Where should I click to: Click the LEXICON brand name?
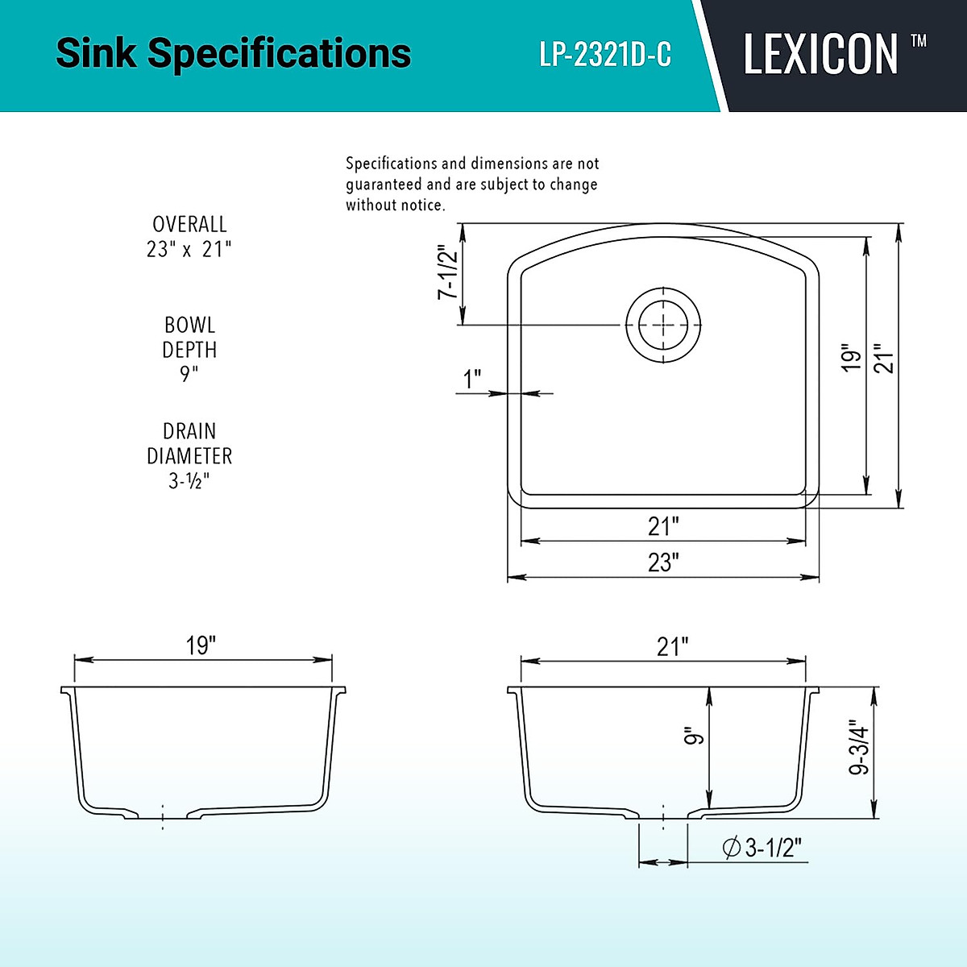click(820, 55)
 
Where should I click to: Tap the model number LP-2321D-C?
click(605, 55)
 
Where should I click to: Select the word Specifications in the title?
click(280, 53)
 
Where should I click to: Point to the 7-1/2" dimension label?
click(447, 272)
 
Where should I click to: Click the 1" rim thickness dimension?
click(472, 378)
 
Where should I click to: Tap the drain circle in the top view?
click(663, 325)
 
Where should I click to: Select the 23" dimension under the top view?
click(663, 562)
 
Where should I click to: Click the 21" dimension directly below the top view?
click(663, 526)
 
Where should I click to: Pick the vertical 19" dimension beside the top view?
click(851, 358)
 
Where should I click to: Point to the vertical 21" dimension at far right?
click(884, 358)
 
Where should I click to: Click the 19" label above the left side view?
click(201, 645)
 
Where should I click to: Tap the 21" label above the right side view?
click(672, 646)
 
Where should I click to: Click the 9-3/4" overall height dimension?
click(859, 747)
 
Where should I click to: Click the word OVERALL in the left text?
click(189, 224)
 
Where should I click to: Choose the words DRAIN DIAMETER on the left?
click(189, 443)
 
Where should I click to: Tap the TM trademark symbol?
click(918, 41)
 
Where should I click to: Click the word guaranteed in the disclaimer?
click(384, 185)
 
